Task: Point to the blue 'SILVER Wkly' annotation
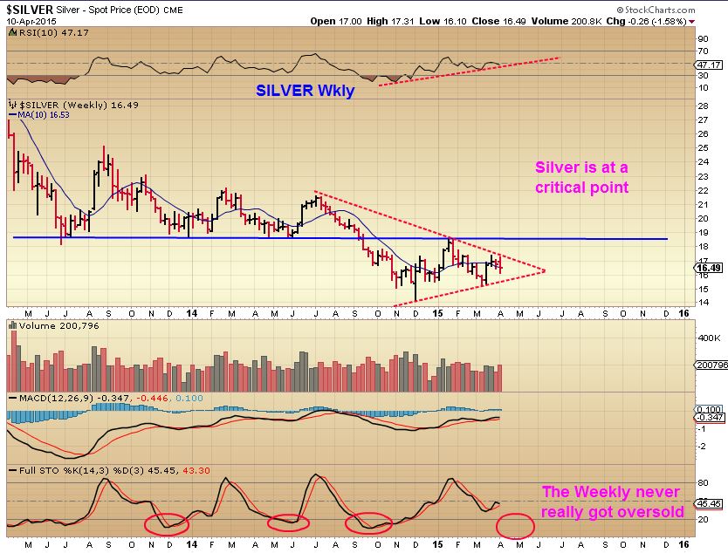tap(305, 90)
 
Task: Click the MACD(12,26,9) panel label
tap(50, 398)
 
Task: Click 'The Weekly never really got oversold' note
tap(612, 502)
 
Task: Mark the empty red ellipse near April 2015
tap(515, 526)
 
